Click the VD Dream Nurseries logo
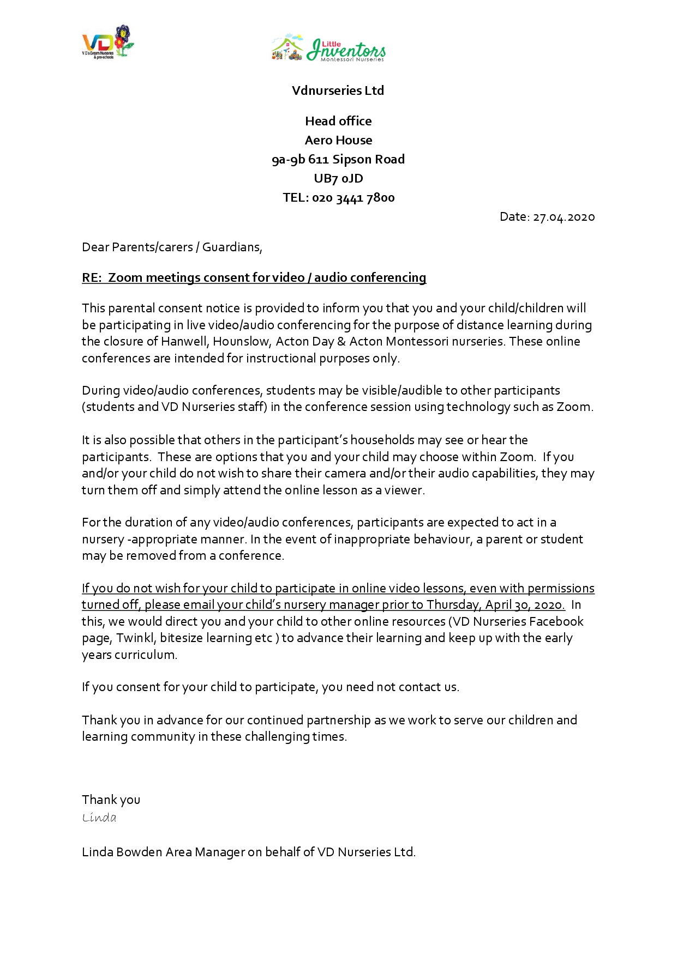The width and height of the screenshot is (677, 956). (107, 42)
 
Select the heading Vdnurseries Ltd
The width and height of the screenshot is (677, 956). (338, 90)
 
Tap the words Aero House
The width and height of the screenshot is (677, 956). (338, 140)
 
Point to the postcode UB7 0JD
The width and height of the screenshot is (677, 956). (338, 178)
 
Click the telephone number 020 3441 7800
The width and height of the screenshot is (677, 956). (353, 198)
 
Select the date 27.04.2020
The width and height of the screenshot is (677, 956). (564, 217)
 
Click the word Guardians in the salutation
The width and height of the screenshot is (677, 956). (231, 247)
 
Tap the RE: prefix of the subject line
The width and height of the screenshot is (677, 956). (92, 277)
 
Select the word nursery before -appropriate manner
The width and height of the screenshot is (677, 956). (103, 539)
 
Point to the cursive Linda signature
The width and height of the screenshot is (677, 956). (99, 817)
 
